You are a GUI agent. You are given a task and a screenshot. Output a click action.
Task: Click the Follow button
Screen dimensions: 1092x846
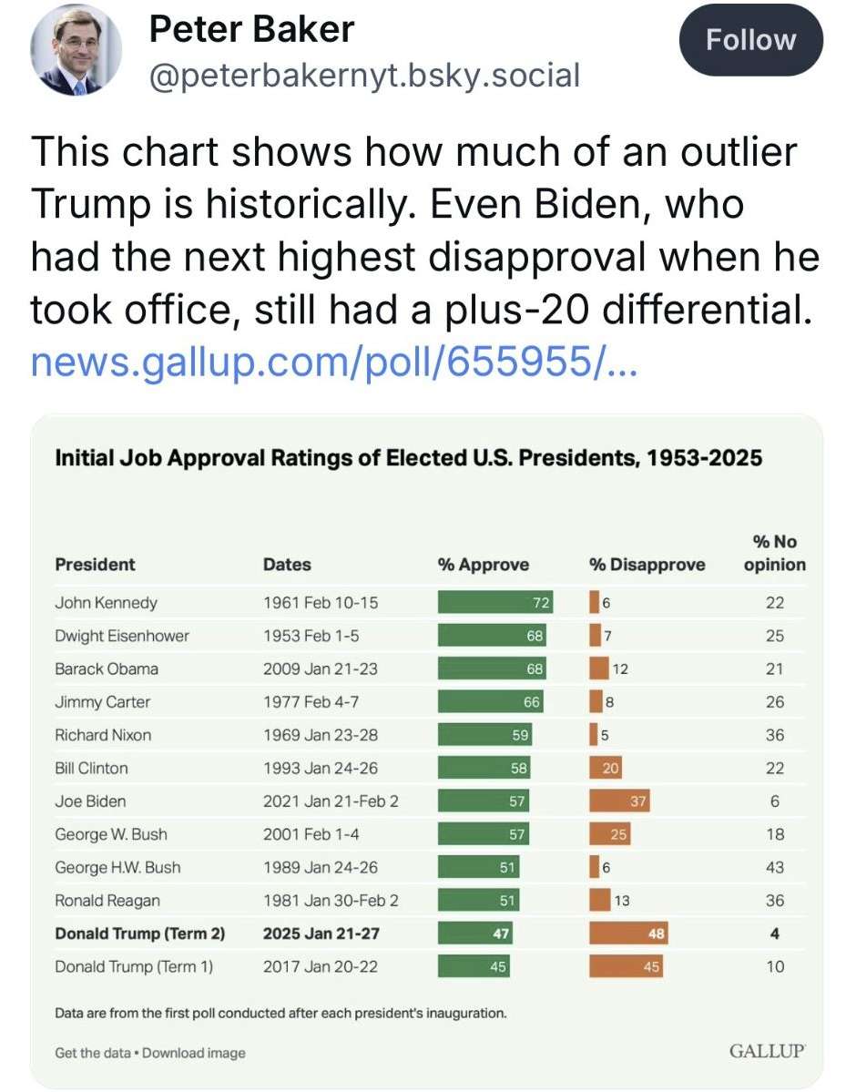click(751, 40)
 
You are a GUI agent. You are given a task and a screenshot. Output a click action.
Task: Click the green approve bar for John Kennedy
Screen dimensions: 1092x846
click(496, 602)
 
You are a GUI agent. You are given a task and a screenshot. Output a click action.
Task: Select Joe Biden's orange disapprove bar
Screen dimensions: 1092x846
click(619, 801)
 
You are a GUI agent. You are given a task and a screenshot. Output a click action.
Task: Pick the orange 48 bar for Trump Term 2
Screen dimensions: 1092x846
click(628, 934)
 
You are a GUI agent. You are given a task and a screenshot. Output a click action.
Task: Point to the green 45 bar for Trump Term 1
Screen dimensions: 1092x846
click(474, 966)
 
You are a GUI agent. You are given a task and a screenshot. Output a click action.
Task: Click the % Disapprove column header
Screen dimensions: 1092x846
click(647, 565)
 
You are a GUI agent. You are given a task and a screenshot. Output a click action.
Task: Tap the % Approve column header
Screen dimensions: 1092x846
click(483, 565)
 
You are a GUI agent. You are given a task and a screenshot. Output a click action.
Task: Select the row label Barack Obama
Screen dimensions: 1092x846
click(107, 668)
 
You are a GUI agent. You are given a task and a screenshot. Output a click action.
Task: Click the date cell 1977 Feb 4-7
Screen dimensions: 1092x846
click(309, 702)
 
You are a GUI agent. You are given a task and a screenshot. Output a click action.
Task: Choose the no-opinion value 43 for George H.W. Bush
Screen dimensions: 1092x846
click(774, 867)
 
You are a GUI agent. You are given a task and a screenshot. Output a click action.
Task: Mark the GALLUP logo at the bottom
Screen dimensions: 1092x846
click(767, 1052)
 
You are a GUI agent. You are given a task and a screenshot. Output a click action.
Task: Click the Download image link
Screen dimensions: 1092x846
click(194, 1053)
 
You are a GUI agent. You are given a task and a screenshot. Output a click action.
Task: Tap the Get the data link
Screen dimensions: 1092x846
click(92, 1053)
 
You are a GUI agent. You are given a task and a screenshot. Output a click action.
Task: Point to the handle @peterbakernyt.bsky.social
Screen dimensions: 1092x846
click(363, 75)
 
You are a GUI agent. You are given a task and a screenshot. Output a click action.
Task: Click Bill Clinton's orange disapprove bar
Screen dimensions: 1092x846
click(606, 768)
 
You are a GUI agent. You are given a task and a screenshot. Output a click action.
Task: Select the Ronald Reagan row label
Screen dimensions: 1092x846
click(107, 901)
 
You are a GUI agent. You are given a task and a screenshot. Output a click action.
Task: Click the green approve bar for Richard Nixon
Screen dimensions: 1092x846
click(484, 735)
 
